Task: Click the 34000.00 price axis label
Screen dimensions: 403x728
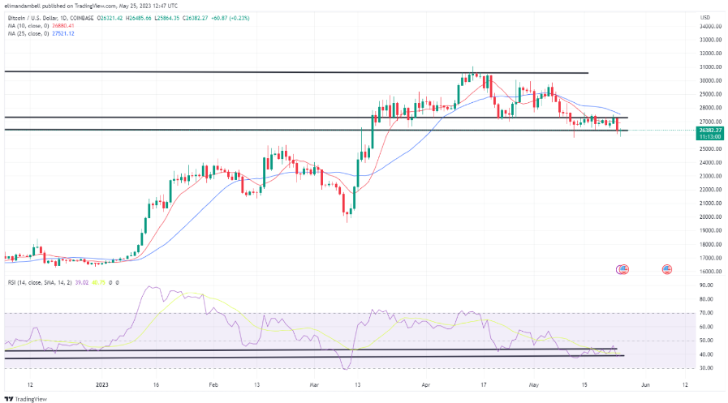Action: click(712, 26)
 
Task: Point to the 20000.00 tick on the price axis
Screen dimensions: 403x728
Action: click(712, 217)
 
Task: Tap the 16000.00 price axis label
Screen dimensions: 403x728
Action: click(712, 271)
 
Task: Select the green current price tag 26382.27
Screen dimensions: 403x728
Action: click(711, 130)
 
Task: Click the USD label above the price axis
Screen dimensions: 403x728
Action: click(705, 17)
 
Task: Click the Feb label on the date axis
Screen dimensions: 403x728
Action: click(214, 387)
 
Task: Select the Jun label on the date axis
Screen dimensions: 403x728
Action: click(644, 387)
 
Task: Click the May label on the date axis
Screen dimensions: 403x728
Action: click(535, 387)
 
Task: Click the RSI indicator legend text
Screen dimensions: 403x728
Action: click(41, 282)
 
